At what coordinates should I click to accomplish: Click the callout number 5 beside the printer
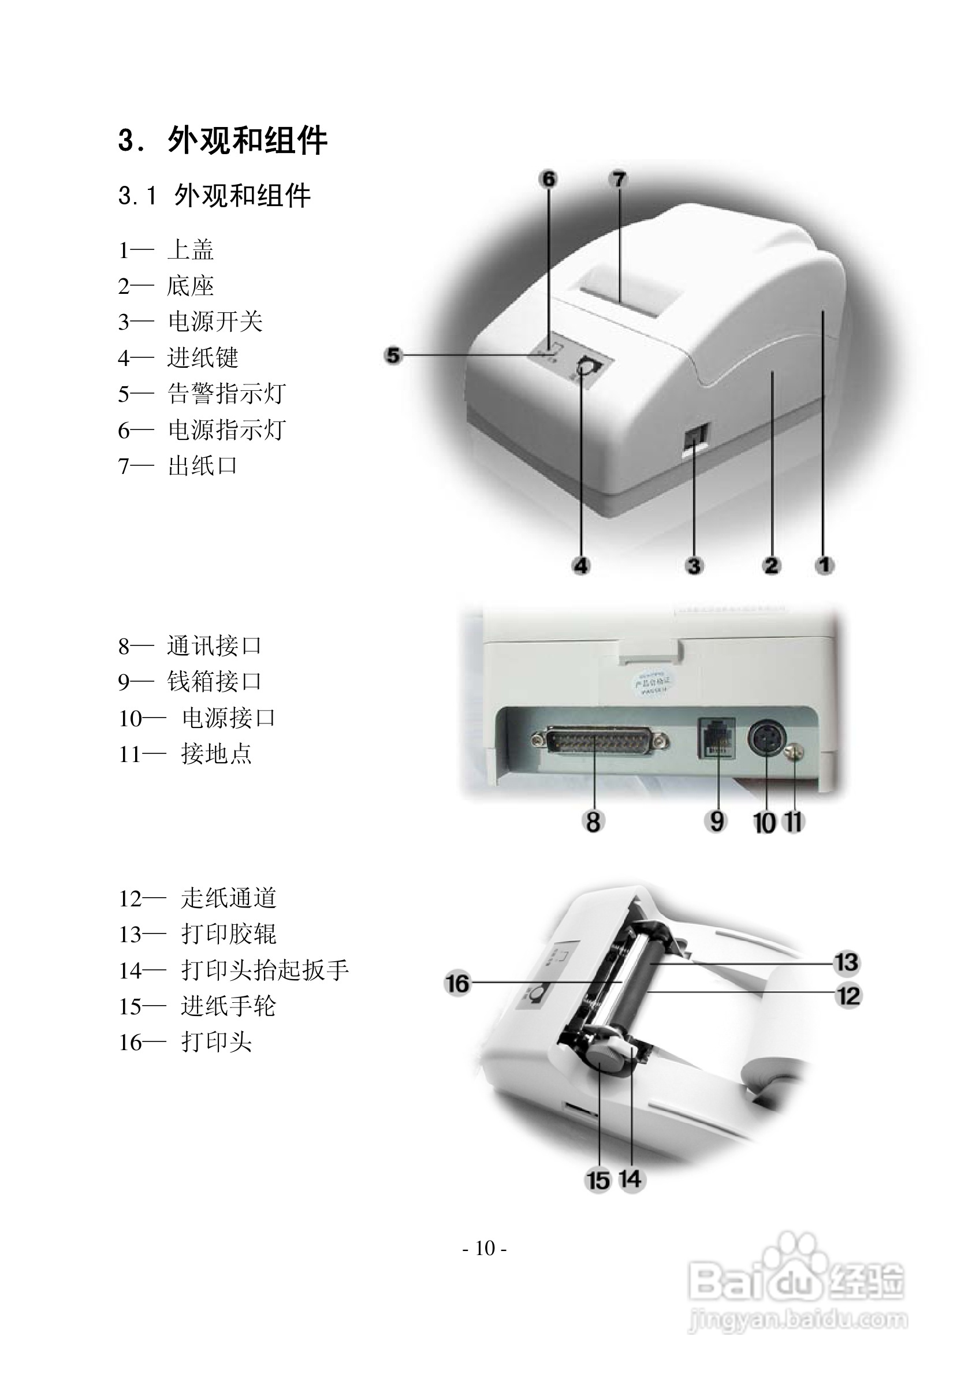[x=393, y=356]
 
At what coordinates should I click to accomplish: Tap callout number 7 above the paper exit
[x=619, y=179]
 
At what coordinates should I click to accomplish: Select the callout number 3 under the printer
[x=694, y=566]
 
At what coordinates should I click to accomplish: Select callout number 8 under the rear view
[x=593, y=822]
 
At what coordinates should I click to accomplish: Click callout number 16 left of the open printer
[x=457, y=983]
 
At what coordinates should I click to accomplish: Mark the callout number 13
[x=847, y=962]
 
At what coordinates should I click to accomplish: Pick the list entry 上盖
[x=190, y=249]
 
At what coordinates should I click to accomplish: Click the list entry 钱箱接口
[x=214, y=682]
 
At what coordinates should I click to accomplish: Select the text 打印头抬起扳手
[x=265, y=970]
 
